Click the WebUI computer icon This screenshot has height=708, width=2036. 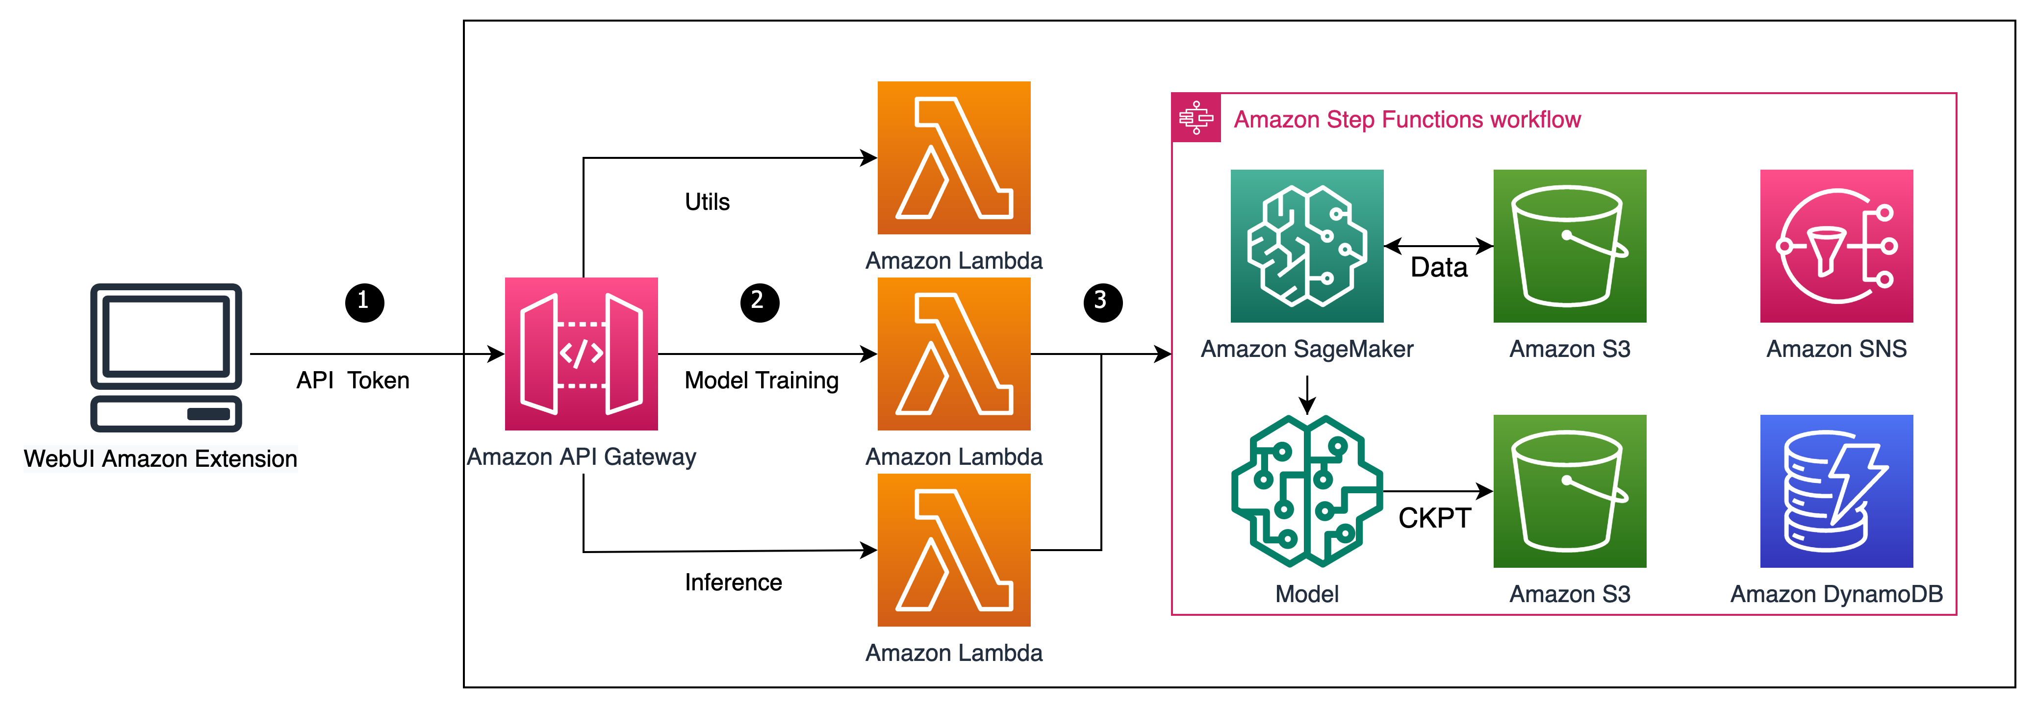[x=166, y=357]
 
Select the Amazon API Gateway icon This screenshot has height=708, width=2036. [x=581, y=354]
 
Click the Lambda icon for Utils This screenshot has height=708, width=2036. [x=954, y=158]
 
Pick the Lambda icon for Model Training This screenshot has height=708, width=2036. [x=954, y=354]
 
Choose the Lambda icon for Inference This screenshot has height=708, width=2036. [x=954, y=550]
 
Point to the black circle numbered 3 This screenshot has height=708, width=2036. [x=1102, y=303]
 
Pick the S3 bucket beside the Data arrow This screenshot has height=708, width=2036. [x=1570, y=246]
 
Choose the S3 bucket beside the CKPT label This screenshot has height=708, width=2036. [x=1570, y=491]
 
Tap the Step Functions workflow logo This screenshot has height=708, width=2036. [x=1196, y=118]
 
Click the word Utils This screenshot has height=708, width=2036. [x=708, y=202]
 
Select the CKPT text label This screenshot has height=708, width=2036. [x=1434, y=518]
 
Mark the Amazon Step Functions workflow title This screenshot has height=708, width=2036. [x=1407, y=119]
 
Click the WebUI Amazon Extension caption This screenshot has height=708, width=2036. [x=160, y=459]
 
